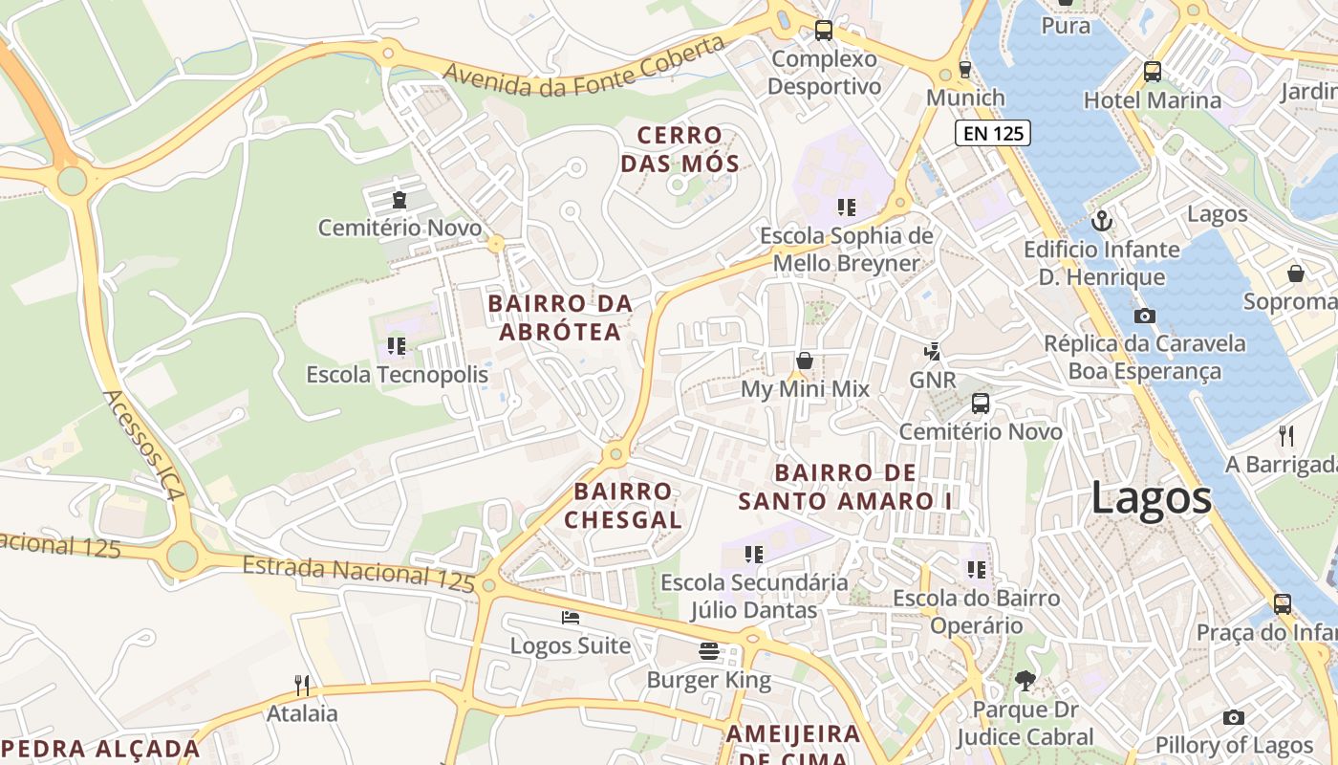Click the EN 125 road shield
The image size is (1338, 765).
(993, 133)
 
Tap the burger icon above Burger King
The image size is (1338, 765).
(709, 651)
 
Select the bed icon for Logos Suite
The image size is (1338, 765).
(571, 618)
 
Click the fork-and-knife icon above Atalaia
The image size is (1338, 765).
(302, 685)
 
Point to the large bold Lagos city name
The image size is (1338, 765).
(1151, 498)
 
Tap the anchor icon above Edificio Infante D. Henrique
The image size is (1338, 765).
(1102, 221)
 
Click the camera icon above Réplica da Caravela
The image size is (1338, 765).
(1144, 316)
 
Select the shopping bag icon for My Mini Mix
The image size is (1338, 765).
(805, 361)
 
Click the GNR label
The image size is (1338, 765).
(932, 380)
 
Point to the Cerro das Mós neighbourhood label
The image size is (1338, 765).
(680, 149)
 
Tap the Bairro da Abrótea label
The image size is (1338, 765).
(560, 317)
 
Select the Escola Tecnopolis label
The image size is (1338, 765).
(397, 374)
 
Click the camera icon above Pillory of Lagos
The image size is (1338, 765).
(1234, 717)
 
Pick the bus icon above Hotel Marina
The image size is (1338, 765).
(1153, 71)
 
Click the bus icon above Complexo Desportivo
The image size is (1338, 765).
(824, 31)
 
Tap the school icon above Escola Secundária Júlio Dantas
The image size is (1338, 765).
(754, 554)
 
